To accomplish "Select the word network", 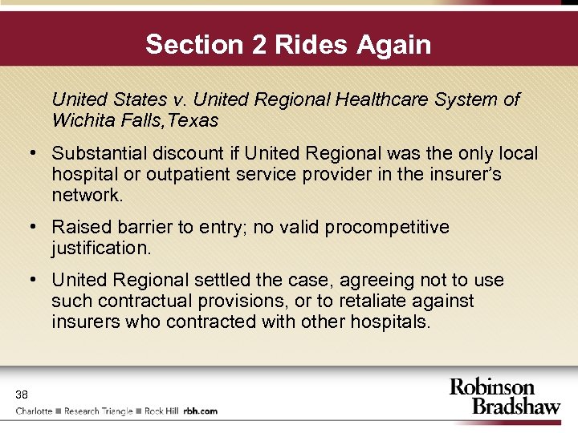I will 87,195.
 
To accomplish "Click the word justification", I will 100,248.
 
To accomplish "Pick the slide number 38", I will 22,394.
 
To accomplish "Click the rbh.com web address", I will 200,411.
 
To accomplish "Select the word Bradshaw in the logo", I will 516,405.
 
